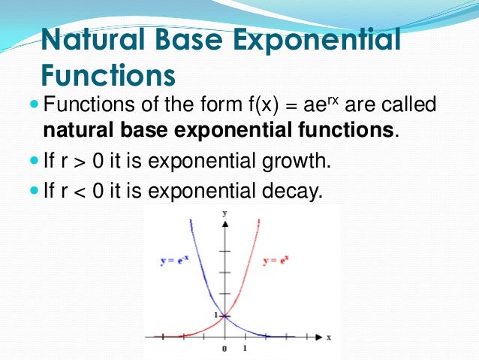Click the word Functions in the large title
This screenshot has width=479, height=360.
pos(107,75)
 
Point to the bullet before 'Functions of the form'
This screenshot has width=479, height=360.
pos(35,104)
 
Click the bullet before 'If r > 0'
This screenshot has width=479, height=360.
pos(35,160)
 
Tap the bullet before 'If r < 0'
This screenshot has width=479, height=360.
pos(35,190)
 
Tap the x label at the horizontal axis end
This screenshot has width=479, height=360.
pos(329,336)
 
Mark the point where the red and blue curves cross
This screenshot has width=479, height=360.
pos(225,315)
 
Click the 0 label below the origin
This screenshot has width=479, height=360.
pos(224,349)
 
